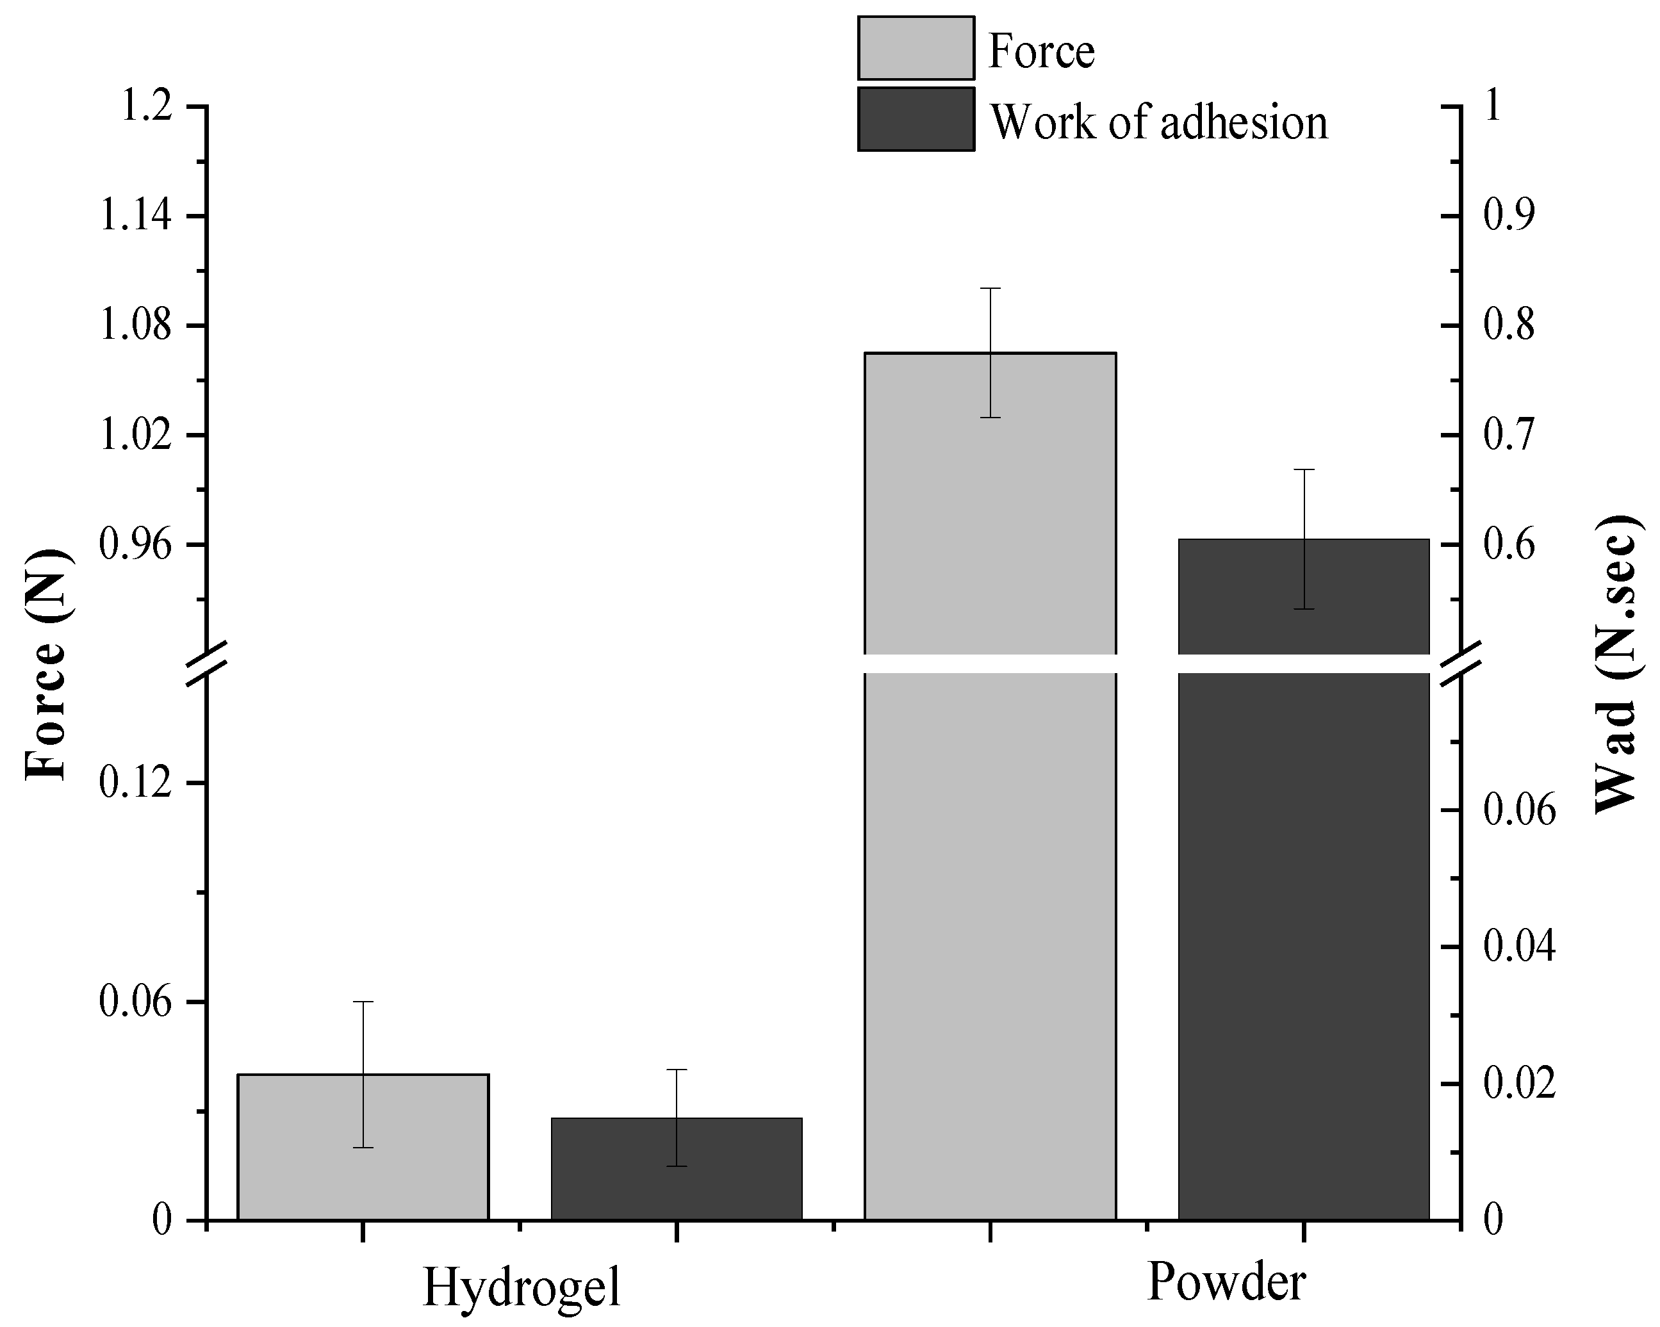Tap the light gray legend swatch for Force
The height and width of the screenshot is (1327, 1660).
[x=916, y=49]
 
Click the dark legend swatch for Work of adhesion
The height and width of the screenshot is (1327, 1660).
[x=916, y=119]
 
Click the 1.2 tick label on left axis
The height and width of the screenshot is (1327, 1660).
[x=145, y=106]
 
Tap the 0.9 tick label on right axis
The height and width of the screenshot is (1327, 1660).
[x=1508, y=216]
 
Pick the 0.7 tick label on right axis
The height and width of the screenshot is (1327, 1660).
[x=1508, y=436]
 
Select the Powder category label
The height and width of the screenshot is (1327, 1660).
[x=1226, y=1282]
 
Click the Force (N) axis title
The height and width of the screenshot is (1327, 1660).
[x=48, y=663]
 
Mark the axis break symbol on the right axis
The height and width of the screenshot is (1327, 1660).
[x=1461, y=663]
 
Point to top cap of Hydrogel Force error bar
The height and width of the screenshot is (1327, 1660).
[x=363, y=1002]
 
